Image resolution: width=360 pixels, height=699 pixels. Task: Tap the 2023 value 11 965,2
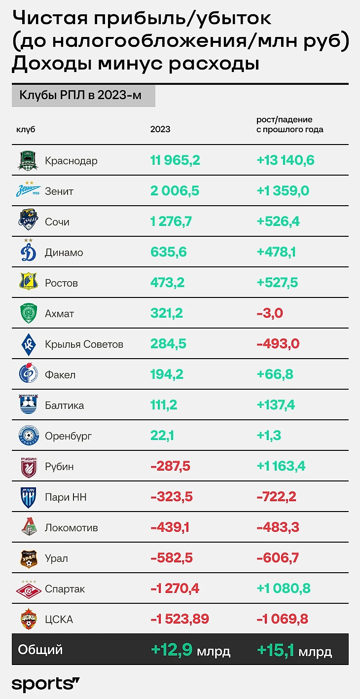175,160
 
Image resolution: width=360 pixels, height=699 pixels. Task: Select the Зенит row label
59,191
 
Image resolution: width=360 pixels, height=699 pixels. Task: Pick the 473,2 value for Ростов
168,283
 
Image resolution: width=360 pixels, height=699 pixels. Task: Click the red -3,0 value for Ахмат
270,313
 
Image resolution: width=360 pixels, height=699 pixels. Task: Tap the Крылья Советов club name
84,344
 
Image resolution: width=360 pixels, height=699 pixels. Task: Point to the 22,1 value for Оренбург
162,436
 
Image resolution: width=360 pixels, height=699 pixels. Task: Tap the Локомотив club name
71,527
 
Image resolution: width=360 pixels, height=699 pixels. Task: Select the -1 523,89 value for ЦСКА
180,619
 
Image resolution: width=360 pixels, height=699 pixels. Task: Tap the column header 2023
160,129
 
